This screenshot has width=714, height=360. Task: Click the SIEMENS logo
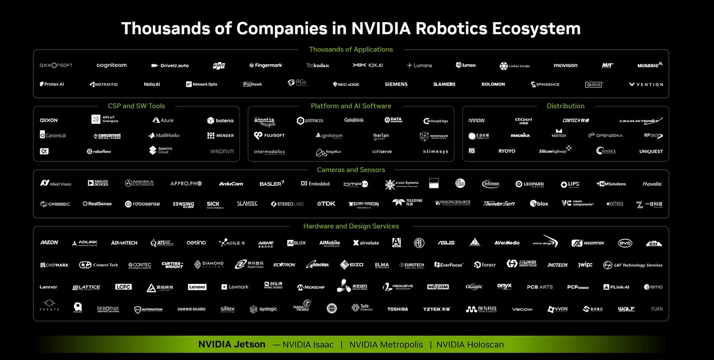point(396,84)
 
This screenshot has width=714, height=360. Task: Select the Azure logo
point(163,120)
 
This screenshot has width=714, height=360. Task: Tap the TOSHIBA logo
point(397,309)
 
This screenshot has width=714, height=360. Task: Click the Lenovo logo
point(197,287)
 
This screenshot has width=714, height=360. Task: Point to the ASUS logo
point(446,243)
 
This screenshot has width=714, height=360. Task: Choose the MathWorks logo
point(164,135)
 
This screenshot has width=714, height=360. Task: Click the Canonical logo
point(53,135)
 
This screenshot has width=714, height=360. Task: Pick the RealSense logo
point(97,204)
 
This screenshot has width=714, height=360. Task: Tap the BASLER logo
point(272,184)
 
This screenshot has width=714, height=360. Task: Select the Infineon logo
point(490,184)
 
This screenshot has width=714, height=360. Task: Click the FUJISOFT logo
point(269,135)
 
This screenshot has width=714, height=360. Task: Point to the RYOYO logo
point(507,151)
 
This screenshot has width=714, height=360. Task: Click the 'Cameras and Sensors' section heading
point(351,170)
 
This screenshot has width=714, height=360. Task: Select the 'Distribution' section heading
point(565,106)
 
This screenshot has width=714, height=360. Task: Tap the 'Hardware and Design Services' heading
point(351,226)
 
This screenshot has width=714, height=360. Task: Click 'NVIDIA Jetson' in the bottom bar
point(231,344)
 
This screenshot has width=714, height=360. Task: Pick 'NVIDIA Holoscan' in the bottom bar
point(470,345)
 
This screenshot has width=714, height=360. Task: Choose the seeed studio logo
point(191,309)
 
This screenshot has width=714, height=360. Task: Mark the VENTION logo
point(646,84)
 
